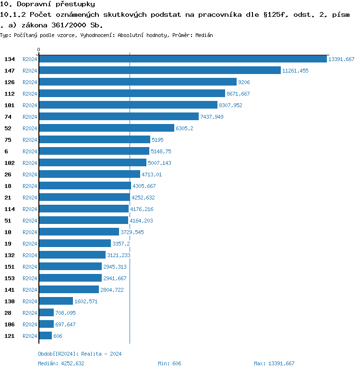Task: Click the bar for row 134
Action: coord(182,59)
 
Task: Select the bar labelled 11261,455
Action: coord(159,70)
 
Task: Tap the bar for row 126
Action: coord(138,82)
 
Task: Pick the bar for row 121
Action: coord(45,335)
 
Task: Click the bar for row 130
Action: coord(56,301)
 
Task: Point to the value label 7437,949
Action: coord(212,117)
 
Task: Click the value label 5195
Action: coord(158,140)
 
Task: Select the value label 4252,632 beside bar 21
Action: coord(144,198)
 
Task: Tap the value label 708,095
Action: coord(65,313)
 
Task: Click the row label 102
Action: coord(10,163)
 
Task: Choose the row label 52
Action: coord(8,128)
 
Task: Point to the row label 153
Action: coord(10,278)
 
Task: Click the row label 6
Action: coord(6,151)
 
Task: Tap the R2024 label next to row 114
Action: coord(30,209)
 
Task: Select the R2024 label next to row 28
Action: coord(30,313)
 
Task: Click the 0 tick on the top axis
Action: coord(39,50)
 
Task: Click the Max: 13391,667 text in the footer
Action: coord(274,363)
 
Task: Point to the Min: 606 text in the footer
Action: coord(169,363)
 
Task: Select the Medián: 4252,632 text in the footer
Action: coord(61,363)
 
